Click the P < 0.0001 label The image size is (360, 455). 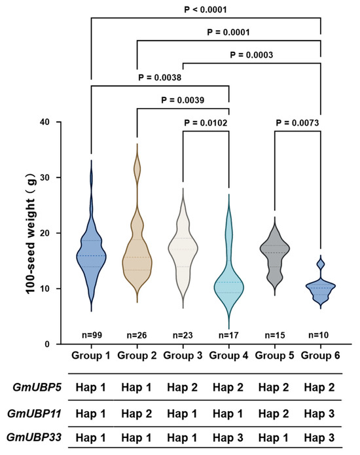(x=206, y=10)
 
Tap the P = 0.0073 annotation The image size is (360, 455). (x=297, y=123)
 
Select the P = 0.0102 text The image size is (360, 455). (x=206, y=123)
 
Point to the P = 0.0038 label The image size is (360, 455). (x=160, y=77)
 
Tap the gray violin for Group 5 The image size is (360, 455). (x=275, y=253)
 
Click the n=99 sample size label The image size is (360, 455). (x=92, y=335)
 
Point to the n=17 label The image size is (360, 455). (x=228, y=335)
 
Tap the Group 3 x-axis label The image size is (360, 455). (x=183, y=355)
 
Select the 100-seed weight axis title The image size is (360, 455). (x=31, y=234)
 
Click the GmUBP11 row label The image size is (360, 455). (x=34, y=414)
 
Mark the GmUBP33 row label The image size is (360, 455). (x=34, y=437)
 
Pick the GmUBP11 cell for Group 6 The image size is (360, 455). (x=319, y=414)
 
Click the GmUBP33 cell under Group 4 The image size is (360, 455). (x=228, y=437)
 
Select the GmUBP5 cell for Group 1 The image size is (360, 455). (x=90, y=388)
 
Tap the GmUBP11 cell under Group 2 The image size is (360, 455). (x=137, y=414)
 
